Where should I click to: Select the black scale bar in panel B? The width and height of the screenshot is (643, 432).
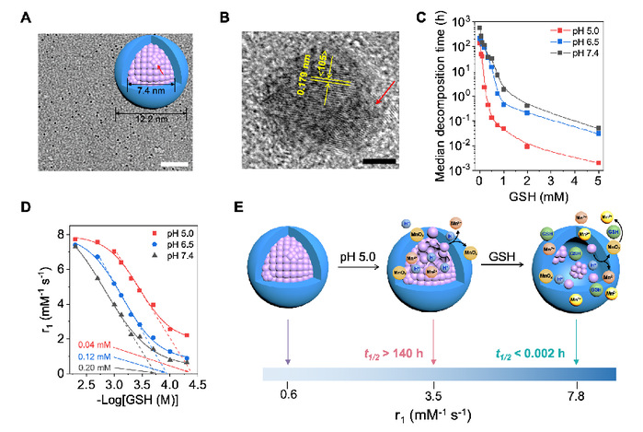379,164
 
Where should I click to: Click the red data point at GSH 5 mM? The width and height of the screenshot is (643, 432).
625,162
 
